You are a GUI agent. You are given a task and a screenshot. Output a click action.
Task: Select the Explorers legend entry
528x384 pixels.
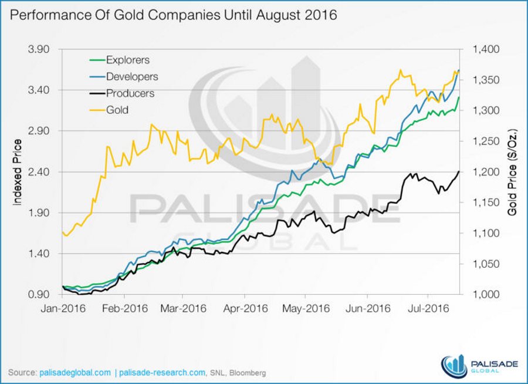127,60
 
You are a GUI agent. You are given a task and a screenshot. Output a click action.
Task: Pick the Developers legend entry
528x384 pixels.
131,76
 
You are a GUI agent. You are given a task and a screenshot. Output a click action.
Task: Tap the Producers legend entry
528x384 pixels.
130,93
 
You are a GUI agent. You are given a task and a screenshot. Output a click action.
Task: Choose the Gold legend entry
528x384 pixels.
117,110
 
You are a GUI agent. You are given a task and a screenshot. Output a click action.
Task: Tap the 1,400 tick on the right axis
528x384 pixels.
485,49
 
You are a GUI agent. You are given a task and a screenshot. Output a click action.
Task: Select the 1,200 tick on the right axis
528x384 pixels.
485,172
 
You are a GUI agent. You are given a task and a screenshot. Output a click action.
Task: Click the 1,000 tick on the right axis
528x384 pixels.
485,295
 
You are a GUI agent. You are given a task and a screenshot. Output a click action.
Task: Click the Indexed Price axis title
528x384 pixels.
18,172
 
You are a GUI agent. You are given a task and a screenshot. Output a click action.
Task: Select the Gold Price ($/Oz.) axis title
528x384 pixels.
512,171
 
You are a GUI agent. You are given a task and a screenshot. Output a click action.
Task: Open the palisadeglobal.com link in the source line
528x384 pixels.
75,372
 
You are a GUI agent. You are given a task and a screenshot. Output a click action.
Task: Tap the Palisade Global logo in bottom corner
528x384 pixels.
479,365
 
